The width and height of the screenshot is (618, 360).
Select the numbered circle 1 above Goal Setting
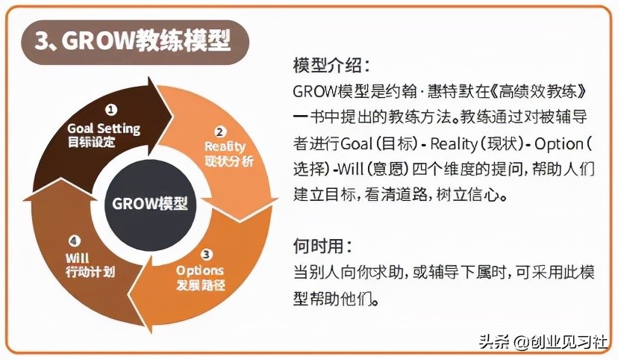point(111,110)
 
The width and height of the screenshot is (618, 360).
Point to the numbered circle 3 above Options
point(207,254)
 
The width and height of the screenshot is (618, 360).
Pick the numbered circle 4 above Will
point(74,240)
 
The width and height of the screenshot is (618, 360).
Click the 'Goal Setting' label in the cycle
point(104,128)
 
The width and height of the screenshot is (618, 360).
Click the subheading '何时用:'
point(322,246)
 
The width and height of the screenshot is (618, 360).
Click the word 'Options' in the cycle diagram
point(201,270)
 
